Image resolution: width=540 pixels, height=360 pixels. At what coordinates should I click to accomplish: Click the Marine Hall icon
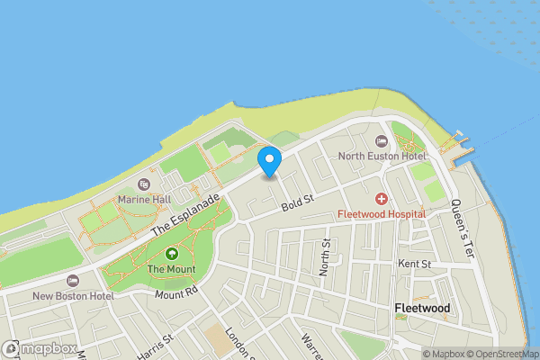click(144, 184)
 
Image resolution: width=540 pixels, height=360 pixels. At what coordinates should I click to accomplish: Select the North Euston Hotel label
click(382, 156)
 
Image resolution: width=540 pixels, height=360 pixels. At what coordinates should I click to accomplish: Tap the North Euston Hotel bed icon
click(382, 141)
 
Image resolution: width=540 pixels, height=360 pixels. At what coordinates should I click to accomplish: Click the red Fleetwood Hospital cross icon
click(382, 198)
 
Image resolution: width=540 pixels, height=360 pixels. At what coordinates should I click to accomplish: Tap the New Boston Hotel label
click(73, 295)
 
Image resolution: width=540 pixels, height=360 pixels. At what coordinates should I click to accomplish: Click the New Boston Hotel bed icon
click(73, 281)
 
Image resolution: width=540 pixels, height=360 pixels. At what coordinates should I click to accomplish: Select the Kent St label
click(414, 264)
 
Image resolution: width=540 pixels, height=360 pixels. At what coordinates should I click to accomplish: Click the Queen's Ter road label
click(463, 229)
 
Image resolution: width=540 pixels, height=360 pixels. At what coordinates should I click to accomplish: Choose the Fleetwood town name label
click(422, 308)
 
